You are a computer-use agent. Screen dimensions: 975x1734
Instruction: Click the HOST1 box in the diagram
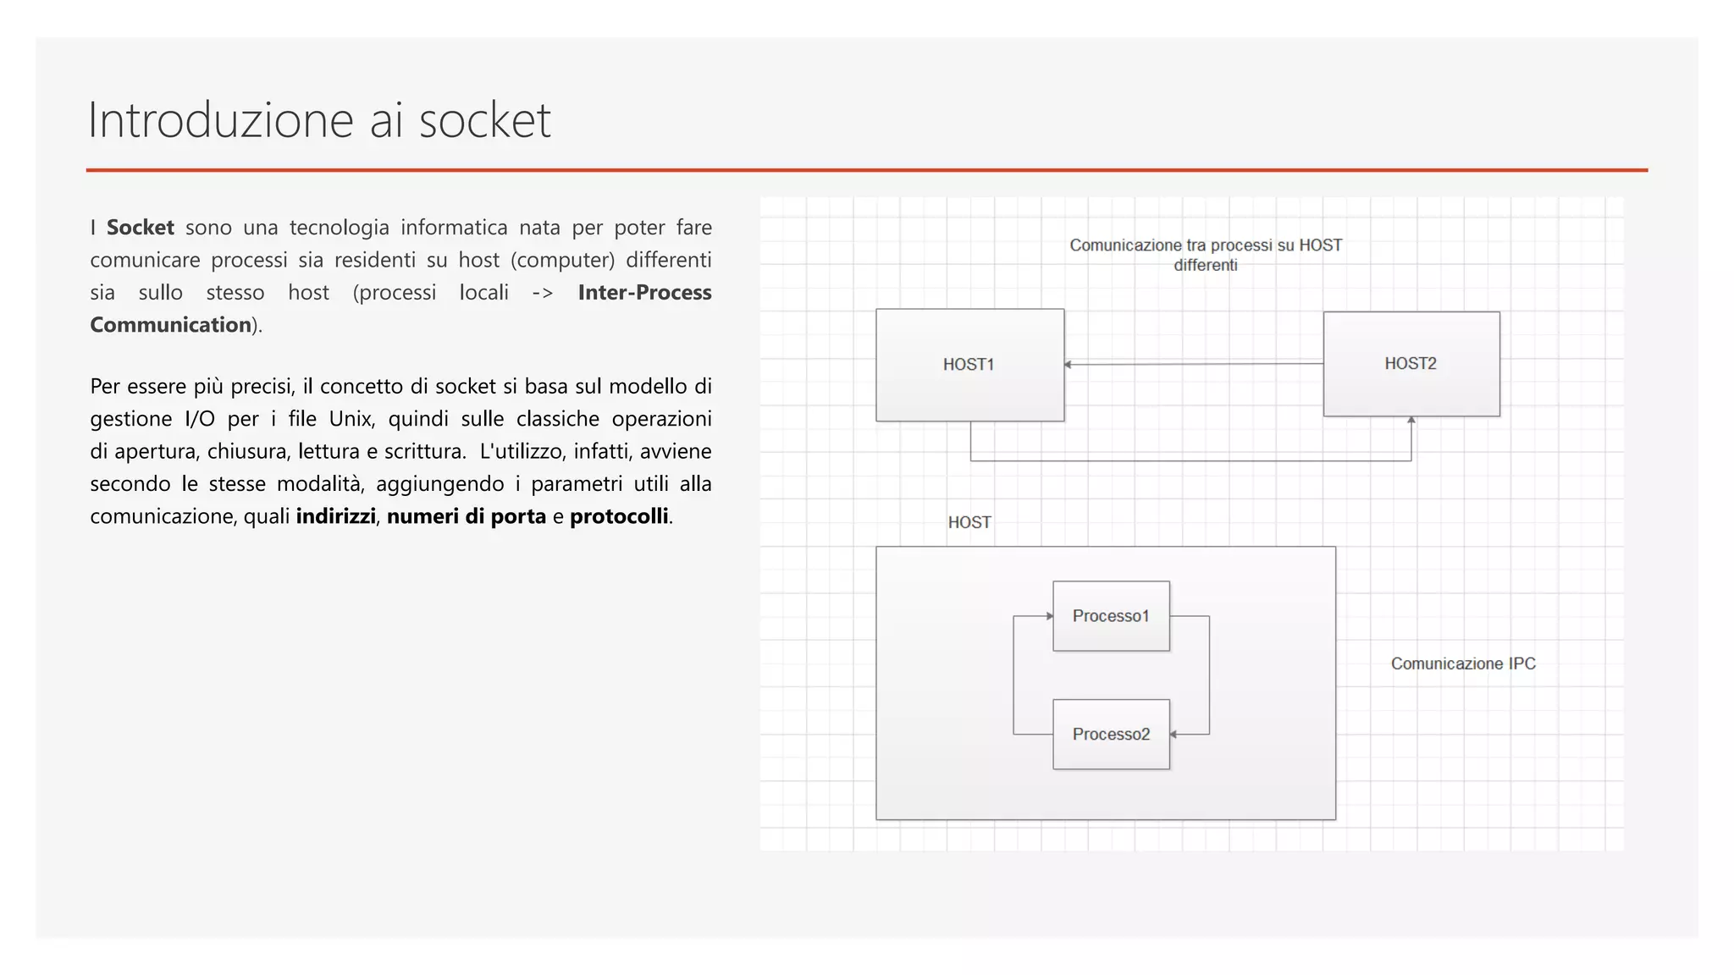click(x=969, y=365)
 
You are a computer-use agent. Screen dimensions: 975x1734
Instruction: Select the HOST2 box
click(x=1411, y=364)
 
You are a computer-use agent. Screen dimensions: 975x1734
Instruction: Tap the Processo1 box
click(x=1111, y=616)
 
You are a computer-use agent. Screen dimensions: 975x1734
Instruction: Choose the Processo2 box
click(x=1111, y=735)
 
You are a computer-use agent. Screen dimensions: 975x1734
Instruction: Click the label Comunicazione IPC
click(x=1462, y=664)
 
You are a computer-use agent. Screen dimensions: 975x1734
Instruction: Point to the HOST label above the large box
click(x=969, y=522)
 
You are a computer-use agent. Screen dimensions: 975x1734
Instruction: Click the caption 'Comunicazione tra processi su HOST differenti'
click(x=1205, y=255)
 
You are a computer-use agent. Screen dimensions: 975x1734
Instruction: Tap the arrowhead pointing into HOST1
click(x=1069, y=365)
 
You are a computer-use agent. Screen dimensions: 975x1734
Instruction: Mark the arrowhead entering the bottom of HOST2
click(x=1411, y=421)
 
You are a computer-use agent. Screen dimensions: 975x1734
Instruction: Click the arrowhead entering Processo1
click(x=1049, y=616)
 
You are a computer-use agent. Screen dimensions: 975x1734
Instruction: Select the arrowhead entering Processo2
click(x=1174, y=735)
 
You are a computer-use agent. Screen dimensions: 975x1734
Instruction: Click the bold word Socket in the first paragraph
click(x=141, y=228)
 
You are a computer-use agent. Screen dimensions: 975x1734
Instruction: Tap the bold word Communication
click(x=170, y=325)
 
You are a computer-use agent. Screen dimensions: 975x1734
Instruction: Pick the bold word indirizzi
click(x=335, y=516)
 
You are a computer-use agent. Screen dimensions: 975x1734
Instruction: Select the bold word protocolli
click(x=619, y=516)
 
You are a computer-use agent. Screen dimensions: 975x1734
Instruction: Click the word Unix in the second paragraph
click(x=351, y=419)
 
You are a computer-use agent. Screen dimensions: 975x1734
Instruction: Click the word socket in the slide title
click(x=484, y=120)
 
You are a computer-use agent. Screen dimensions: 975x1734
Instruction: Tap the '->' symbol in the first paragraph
click(x=542, y=293)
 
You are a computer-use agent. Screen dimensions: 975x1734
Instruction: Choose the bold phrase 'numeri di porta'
click(x=466, y=516)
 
